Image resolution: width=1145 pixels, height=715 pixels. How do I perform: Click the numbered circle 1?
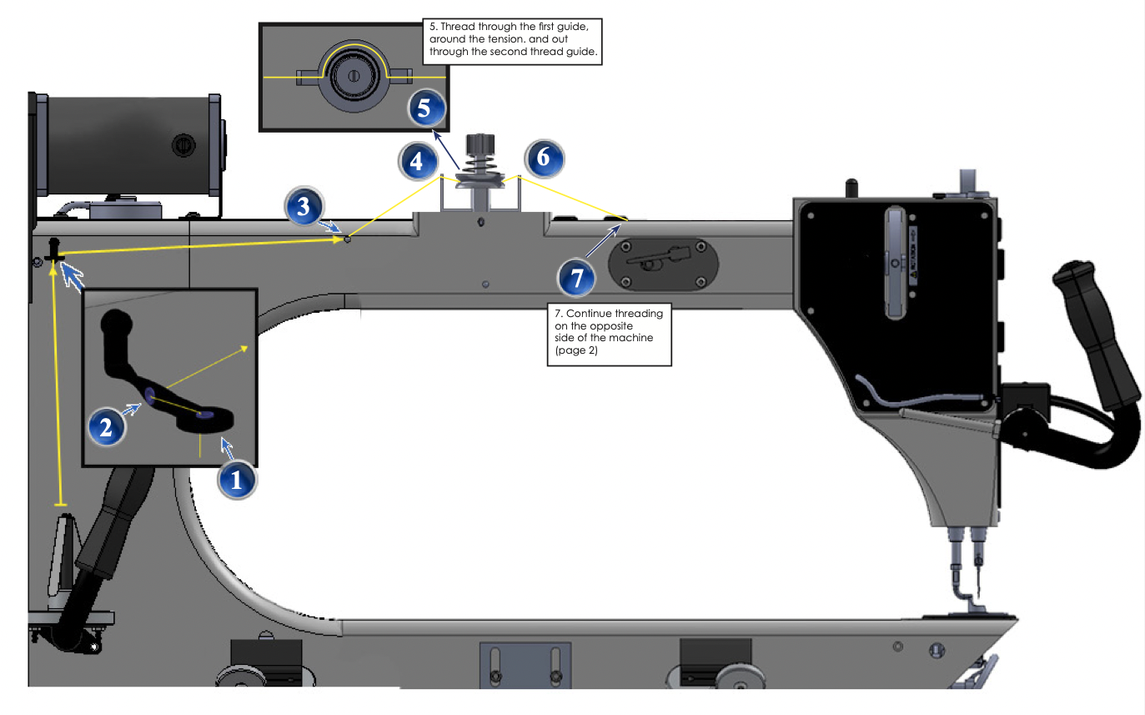(237, 480)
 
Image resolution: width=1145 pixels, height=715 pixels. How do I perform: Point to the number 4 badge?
(418, 159)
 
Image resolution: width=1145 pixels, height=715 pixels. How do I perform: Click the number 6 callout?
(544, 159)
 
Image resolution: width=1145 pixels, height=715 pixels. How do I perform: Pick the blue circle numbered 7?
(578, 276)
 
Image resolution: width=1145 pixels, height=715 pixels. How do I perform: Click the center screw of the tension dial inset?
(354, 77)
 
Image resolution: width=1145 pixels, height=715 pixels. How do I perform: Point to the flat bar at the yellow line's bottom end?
(60, 505)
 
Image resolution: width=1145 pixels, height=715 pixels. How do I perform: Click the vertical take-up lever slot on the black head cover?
(896, 263)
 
